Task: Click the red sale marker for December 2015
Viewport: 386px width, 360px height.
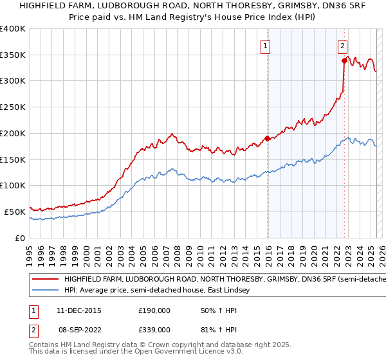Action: pyautogui.click(x=268, y=138)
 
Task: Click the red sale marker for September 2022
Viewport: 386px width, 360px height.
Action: pyautogui.click(x=344, y=60)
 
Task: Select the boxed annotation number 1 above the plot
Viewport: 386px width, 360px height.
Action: pyautogui.click(x=266, y=46)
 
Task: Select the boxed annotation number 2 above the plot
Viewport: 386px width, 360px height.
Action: pyautogui.click(x=343, y=46)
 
